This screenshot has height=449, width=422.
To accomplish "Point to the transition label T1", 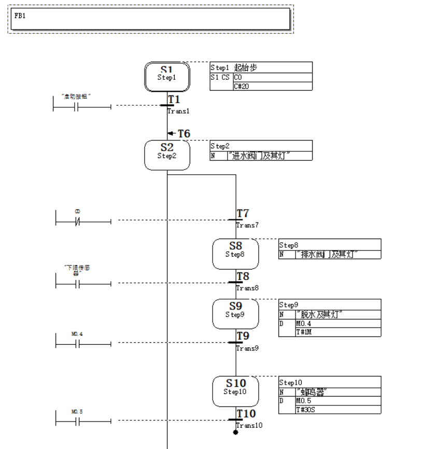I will (174, 99).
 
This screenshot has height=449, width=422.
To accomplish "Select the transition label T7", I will (243, 214).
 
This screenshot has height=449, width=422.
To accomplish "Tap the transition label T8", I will (243, 276).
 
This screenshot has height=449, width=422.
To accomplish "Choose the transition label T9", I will (243, 336).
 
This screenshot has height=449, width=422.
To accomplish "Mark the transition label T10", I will (246, 414).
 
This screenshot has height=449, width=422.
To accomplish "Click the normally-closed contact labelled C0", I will (77, 221).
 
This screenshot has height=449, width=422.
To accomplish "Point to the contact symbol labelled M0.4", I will (77, 343).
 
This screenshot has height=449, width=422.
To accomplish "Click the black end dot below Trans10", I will (235, 432).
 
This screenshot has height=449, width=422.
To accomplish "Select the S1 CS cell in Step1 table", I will (220, 77).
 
